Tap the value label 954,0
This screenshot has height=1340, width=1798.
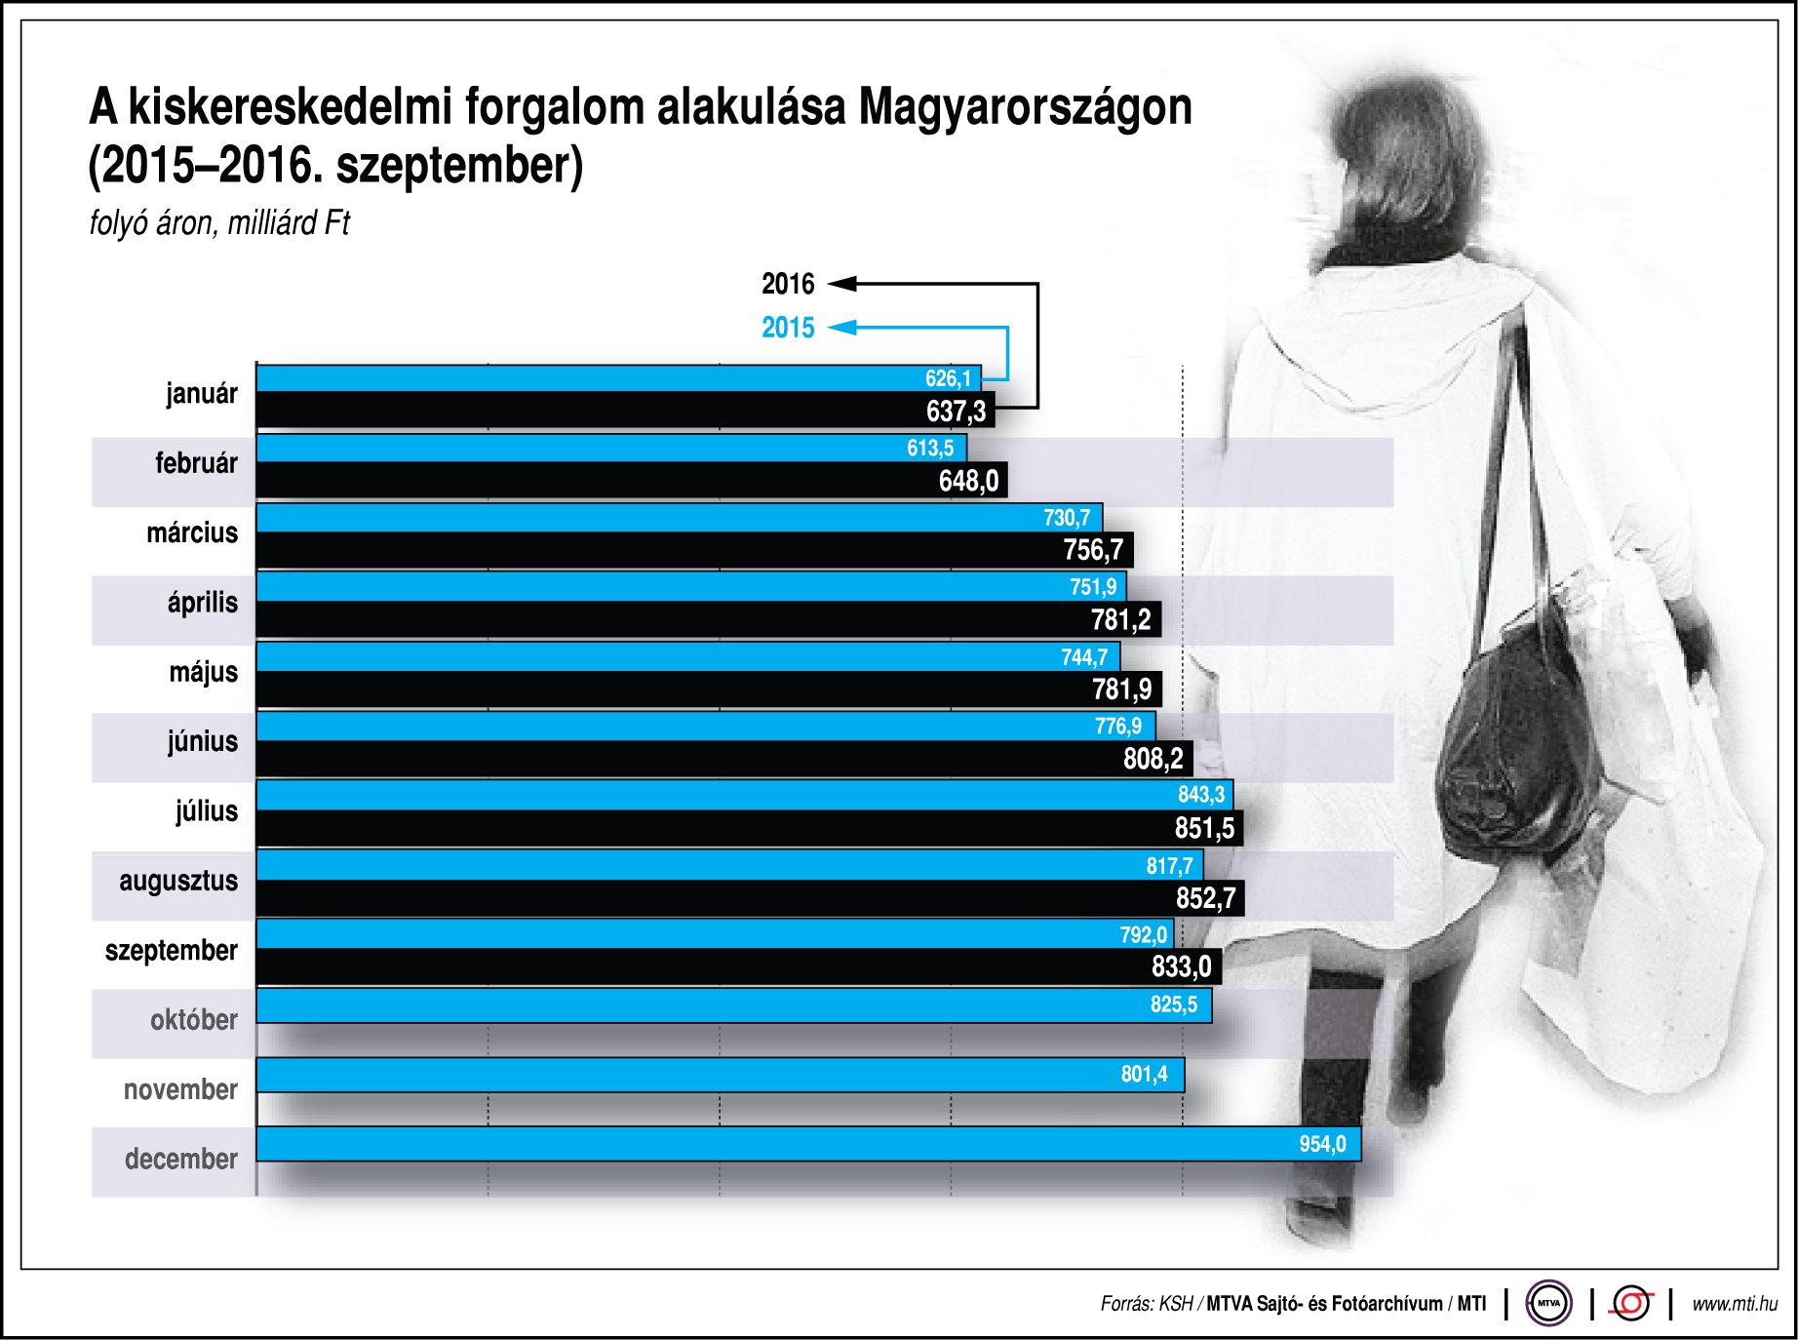pyautogui.click(x=1322, y=1144)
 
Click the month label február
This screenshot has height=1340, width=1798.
pyautogui.click(x=196, y=463)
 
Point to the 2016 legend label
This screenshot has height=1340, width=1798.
pyautogui.click(x=788, y=285)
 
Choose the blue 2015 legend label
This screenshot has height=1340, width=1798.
pyautogui.click(x=788, y=328)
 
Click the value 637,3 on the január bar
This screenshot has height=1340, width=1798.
pyautogui.click(x=956, y=412)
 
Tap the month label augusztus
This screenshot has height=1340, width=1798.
pyautogui.click(x=178, y=881)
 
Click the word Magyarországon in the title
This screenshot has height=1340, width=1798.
pyautogui.click(x=1025, y=107)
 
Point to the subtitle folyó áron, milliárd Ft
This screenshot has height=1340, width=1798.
pyautogui.click(x=219, y=223)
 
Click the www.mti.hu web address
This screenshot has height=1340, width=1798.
pyautogui.click(x=1735, y=1304)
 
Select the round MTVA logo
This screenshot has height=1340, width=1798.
pyautogui.click(x=1548, y=1303)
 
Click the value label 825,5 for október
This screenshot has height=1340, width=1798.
pyautogui.click(x=1174, y=1005)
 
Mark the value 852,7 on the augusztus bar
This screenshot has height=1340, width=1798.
pyautogui.click(x=1205, y=898)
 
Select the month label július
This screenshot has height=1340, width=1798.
pyautogui.click(x=207, y=811)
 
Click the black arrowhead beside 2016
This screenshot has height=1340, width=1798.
pyautogui.click(x=842, y=284)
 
